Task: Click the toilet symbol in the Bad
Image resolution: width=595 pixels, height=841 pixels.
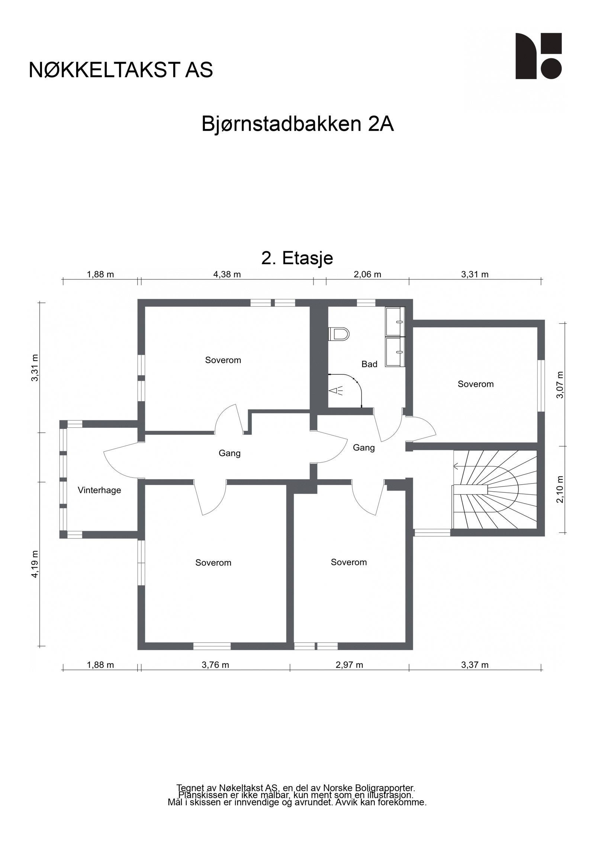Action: (x=339, y=333)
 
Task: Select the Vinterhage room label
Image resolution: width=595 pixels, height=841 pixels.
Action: (x=99, y=490)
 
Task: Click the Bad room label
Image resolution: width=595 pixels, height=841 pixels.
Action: (x=369, y=364)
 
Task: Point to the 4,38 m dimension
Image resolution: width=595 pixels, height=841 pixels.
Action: (x=227, y=275)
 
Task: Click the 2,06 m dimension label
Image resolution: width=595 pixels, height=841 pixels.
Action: (x=367, y=275)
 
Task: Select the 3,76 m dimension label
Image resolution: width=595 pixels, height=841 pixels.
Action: (x=215, y=665)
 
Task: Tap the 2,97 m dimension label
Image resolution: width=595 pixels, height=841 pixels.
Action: (x=349, y=665)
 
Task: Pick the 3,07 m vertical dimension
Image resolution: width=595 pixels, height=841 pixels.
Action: (x=560, y=385)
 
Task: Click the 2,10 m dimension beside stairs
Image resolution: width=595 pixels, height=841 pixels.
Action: (x=560, y=489)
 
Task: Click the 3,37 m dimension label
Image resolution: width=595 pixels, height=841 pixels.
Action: (x=475, y=665)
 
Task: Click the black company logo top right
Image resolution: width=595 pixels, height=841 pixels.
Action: (x=538, y=56)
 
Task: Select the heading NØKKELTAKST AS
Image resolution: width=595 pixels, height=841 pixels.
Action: (x=121, y=70)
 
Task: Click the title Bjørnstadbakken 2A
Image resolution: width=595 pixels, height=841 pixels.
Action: (x=297, y=124)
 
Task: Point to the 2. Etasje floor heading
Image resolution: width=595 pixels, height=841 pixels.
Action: (x=297, y=258)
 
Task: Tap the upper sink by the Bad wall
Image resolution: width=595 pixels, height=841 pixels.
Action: (x=395, y=320)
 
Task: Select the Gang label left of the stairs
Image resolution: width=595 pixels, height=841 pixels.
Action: (x=363, y=447)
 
